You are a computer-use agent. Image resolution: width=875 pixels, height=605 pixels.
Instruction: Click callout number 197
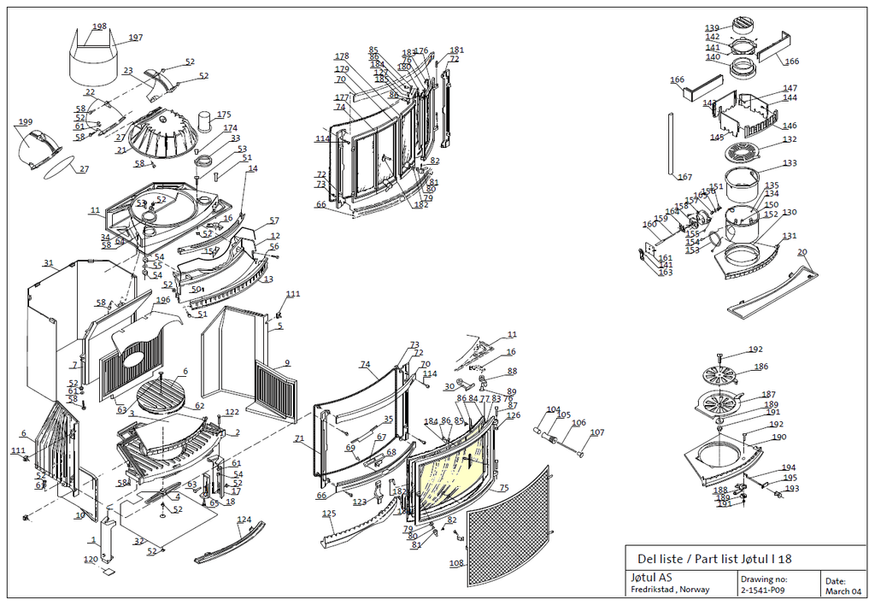click(136, 38)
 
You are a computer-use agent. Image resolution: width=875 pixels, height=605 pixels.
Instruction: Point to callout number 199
click(24, 122)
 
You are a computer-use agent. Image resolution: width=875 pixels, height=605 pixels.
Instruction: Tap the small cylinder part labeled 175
click(205, 121)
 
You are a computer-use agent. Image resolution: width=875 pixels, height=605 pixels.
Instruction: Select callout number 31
click(49, 263)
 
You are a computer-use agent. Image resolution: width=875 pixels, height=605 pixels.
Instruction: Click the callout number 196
click(162, 300)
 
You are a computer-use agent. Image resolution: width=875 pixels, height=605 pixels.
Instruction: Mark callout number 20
click(802, 252)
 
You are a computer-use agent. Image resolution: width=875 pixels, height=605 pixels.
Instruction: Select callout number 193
click(791, 489)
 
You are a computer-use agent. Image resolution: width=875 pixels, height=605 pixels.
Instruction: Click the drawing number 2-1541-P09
click(762, 590)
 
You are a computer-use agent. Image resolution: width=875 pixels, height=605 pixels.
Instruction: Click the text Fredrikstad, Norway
click(669, 590)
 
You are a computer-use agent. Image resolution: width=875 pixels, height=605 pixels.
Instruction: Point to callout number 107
click(596, 432)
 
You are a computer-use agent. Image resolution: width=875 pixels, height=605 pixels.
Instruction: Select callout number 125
click(329, 514)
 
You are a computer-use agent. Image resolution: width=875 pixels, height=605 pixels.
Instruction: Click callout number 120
click(90, 560)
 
